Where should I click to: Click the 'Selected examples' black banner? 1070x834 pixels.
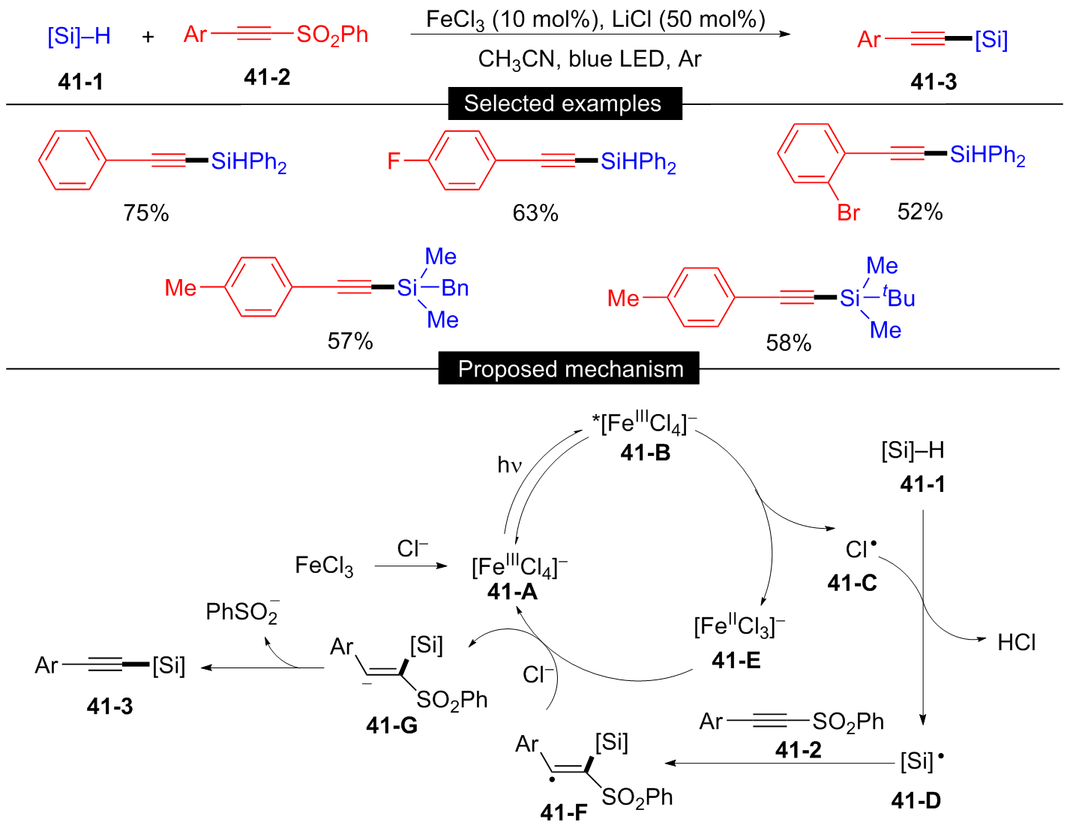pyautogui.click(x=564, y=103)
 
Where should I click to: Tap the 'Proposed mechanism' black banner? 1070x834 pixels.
pyautogui.click(x=570, y=369)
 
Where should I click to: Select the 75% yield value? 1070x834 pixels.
pyautogui.click(x=146, y=214)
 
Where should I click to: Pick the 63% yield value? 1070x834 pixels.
pyautogui.click(x=535, y=214)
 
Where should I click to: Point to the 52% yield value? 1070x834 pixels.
pyautogui.click(x=920, y=212)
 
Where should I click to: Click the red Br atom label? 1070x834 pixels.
pyautogui.click(x=848, y=214)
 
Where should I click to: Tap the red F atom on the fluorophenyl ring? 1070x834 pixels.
pyautogui.click(x=394, y=161)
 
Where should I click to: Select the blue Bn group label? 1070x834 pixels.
pyautogui.click(x=455, y=288)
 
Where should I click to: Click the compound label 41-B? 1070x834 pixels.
pyautogui.click(x=645, y=453)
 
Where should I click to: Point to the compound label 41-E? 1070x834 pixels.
pyautogui.click(x=736, y=660)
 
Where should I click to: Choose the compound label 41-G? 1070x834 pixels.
pyautogui.click(x=391, y=725)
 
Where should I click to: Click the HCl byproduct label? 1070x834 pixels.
pyautogui.click(x=1016, y=643)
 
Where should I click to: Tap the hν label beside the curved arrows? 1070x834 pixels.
pyautogui.click(x=509, y=466)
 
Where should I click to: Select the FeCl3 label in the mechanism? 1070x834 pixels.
pyautogui.click(x=324, y=565)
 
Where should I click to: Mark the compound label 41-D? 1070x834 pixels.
pyautogui.click(x=916, y=801)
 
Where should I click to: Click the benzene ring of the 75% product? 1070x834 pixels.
pyautogui.click(x=72, y=160)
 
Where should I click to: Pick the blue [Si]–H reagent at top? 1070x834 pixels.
pyautogui.click(x=79, y=36)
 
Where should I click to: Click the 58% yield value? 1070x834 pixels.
pyautogui.click(x=788, y=343)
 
